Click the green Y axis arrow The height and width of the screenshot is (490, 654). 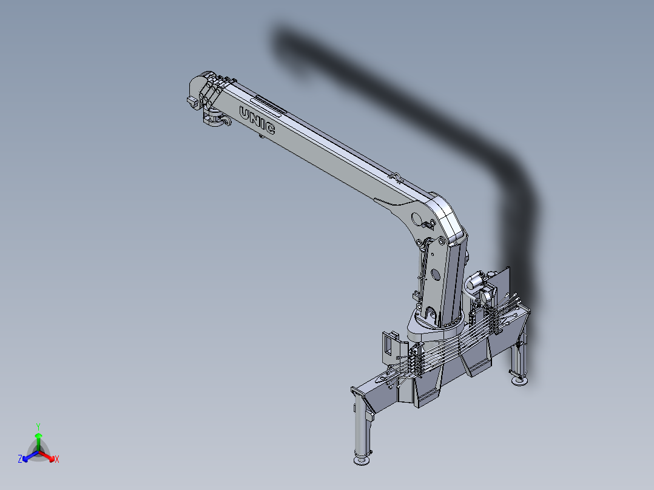38,438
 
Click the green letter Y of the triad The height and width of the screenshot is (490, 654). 38,426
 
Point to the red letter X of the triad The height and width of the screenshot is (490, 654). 57,460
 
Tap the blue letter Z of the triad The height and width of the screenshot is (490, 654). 20,460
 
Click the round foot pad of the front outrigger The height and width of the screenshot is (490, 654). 361,461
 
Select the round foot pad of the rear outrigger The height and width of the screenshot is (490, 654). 519,380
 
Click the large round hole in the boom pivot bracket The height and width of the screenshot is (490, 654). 417,218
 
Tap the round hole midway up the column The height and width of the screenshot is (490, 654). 435,275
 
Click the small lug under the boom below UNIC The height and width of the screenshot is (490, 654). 260,136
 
